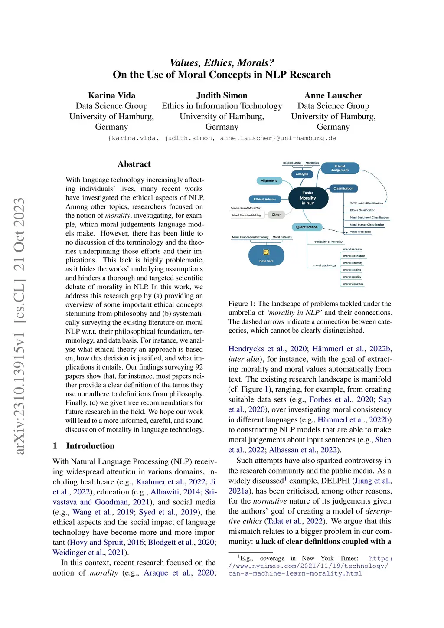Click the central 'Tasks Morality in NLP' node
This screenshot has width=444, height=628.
(308, 198)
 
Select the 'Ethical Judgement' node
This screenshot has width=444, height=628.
(340, 168)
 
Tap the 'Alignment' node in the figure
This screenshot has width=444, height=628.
(269, 180)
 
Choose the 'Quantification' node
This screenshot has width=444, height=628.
(307, 227)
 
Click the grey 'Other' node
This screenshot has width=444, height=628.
(276, 215)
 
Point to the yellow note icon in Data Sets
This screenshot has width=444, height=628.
(266, 252)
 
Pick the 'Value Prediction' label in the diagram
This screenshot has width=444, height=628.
(360, 232)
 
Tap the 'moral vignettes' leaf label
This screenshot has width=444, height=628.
(353, 284)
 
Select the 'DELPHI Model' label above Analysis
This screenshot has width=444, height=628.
(292, 163)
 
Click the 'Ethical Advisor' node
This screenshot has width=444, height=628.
(265, 199)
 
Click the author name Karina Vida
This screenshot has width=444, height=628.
(111, 95)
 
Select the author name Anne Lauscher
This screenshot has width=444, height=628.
(333, 95)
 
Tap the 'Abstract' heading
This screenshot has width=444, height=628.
(134, 164)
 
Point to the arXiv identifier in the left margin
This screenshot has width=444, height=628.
(20, 326)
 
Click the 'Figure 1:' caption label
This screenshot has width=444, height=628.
(242, 304)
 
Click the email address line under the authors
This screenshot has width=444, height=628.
(222, 138)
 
